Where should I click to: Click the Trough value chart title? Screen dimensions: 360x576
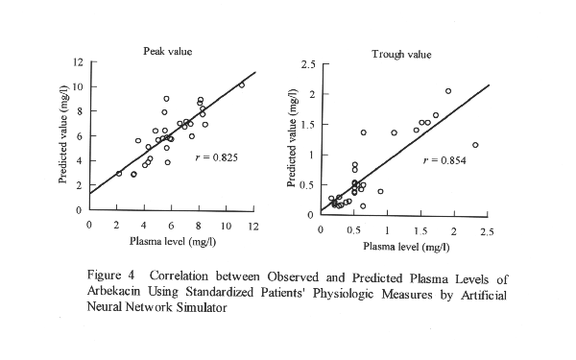400,54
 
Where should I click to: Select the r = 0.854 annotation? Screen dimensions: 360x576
444,159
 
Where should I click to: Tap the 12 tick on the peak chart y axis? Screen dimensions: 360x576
81,62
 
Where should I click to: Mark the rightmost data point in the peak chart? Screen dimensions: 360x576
241,84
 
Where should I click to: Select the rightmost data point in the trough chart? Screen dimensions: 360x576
475,145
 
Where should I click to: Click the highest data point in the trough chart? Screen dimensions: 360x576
448,91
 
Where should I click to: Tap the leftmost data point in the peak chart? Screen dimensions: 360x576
119,174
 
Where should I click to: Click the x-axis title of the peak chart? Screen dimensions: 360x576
166,240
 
